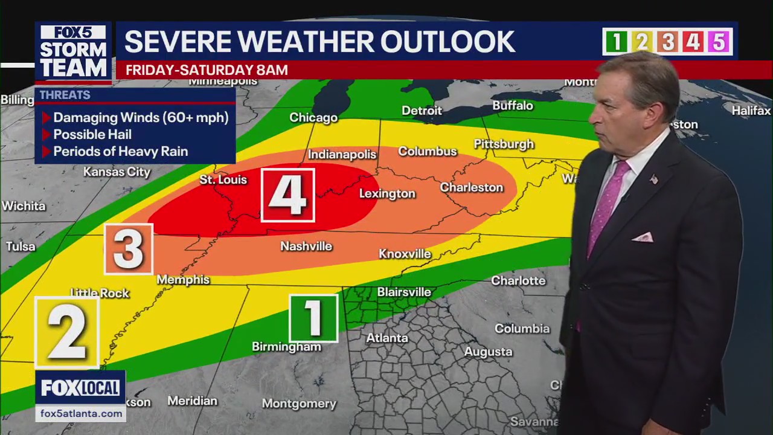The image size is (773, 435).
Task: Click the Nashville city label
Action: [x=306, y=246]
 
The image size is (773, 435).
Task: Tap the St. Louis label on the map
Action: [x=223, y=179]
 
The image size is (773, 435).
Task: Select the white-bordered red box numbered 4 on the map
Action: [x=288, y=195]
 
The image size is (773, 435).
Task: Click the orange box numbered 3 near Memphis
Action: [x=129, y=249]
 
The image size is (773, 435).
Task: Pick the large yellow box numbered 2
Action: [x=67, y=332]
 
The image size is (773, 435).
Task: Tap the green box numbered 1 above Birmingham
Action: [x=313, y=318]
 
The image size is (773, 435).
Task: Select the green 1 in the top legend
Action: [x=616, y=42]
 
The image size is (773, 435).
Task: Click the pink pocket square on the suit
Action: [x=643, y=237]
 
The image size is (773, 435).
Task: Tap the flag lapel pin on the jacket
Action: [x=653, y=179]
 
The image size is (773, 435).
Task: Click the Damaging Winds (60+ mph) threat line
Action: [x=140, y=118]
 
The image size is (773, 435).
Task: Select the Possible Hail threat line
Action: [x=92, y=135]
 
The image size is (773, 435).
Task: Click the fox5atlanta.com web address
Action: [x=81, y=413]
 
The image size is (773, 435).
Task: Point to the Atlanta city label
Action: [x=387, y=338]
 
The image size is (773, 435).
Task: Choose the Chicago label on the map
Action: [x=313, y=118]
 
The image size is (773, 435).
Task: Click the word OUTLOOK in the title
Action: [x=447, y=42]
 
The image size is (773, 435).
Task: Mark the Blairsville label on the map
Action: [x=404, y=292]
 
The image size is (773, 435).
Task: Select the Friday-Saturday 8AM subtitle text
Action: [x=207, y=70]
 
